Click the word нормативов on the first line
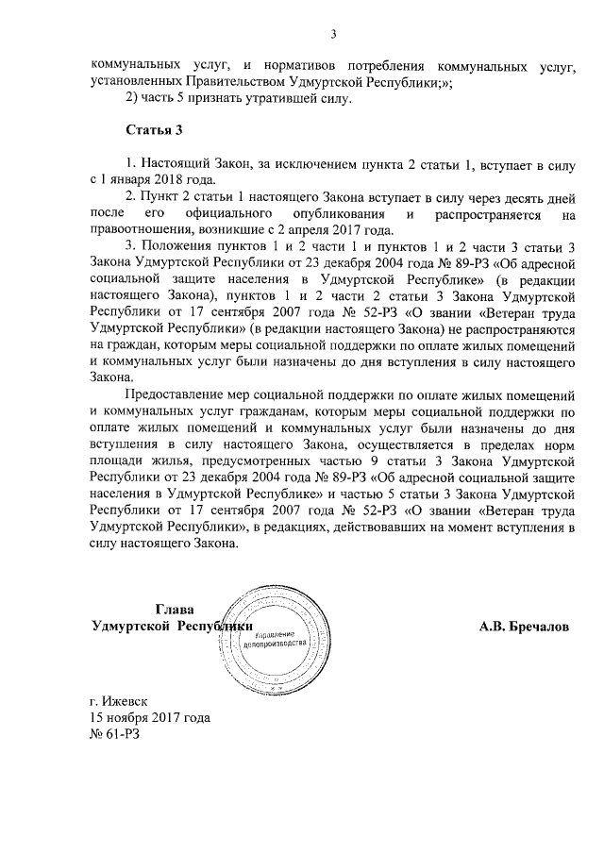tap(289, 68)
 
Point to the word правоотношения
tap(142, 230)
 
